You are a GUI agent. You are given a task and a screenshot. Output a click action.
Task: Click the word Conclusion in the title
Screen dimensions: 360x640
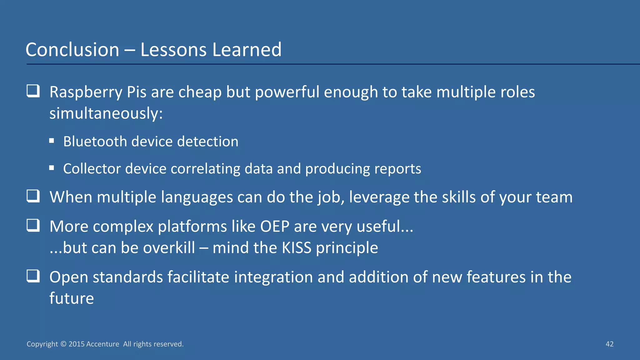(x=72, y=50)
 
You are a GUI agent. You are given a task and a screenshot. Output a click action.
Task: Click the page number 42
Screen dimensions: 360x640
(x=609, y=344)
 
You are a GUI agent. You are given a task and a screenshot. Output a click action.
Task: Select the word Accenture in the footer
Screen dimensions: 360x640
(x=102, y=344)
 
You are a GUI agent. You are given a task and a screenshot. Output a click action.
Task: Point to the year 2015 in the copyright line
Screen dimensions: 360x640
(x=77, y=344)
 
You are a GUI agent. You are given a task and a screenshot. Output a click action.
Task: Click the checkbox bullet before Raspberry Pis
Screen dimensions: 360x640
(x=33, y=91)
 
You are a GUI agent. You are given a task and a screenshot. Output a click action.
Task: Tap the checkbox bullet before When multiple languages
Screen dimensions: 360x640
(x=33, y=196)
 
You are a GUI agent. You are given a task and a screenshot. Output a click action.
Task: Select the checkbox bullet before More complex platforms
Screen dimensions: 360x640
(x=33, y=225)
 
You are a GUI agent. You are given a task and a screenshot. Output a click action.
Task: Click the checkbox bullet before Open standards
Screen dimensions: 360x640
(x=33, y=276)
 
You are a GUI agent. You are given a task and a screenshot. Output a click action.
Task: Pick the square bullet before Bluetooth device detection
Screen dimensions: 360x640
(x=52, y=141)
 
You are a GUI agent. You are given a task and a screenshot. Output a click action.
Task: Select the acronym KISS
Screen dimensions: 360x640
(x=297, y=248)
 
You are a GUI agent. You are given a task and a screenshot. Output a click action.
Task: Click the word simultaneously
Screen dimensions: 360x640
(x=106, y=113)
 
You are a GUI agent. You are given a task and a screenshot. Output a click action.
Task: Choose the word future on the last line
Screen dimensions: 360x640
(x=72, y=298)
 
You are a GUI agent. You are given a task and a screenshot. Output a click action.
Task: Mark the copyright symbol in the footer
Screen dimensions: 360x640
(x=63, y=344)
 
